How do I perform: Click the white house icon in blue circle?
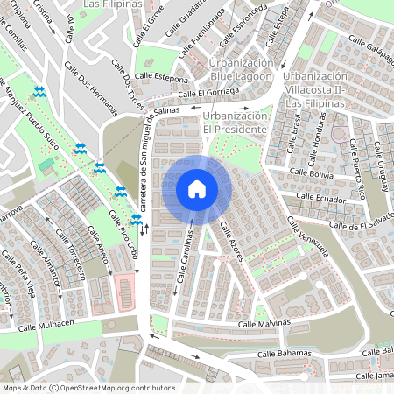point(197,188)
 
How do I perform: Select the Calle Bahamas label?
point(285,354)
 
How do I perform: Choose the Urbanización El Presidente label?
point(234,123)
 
